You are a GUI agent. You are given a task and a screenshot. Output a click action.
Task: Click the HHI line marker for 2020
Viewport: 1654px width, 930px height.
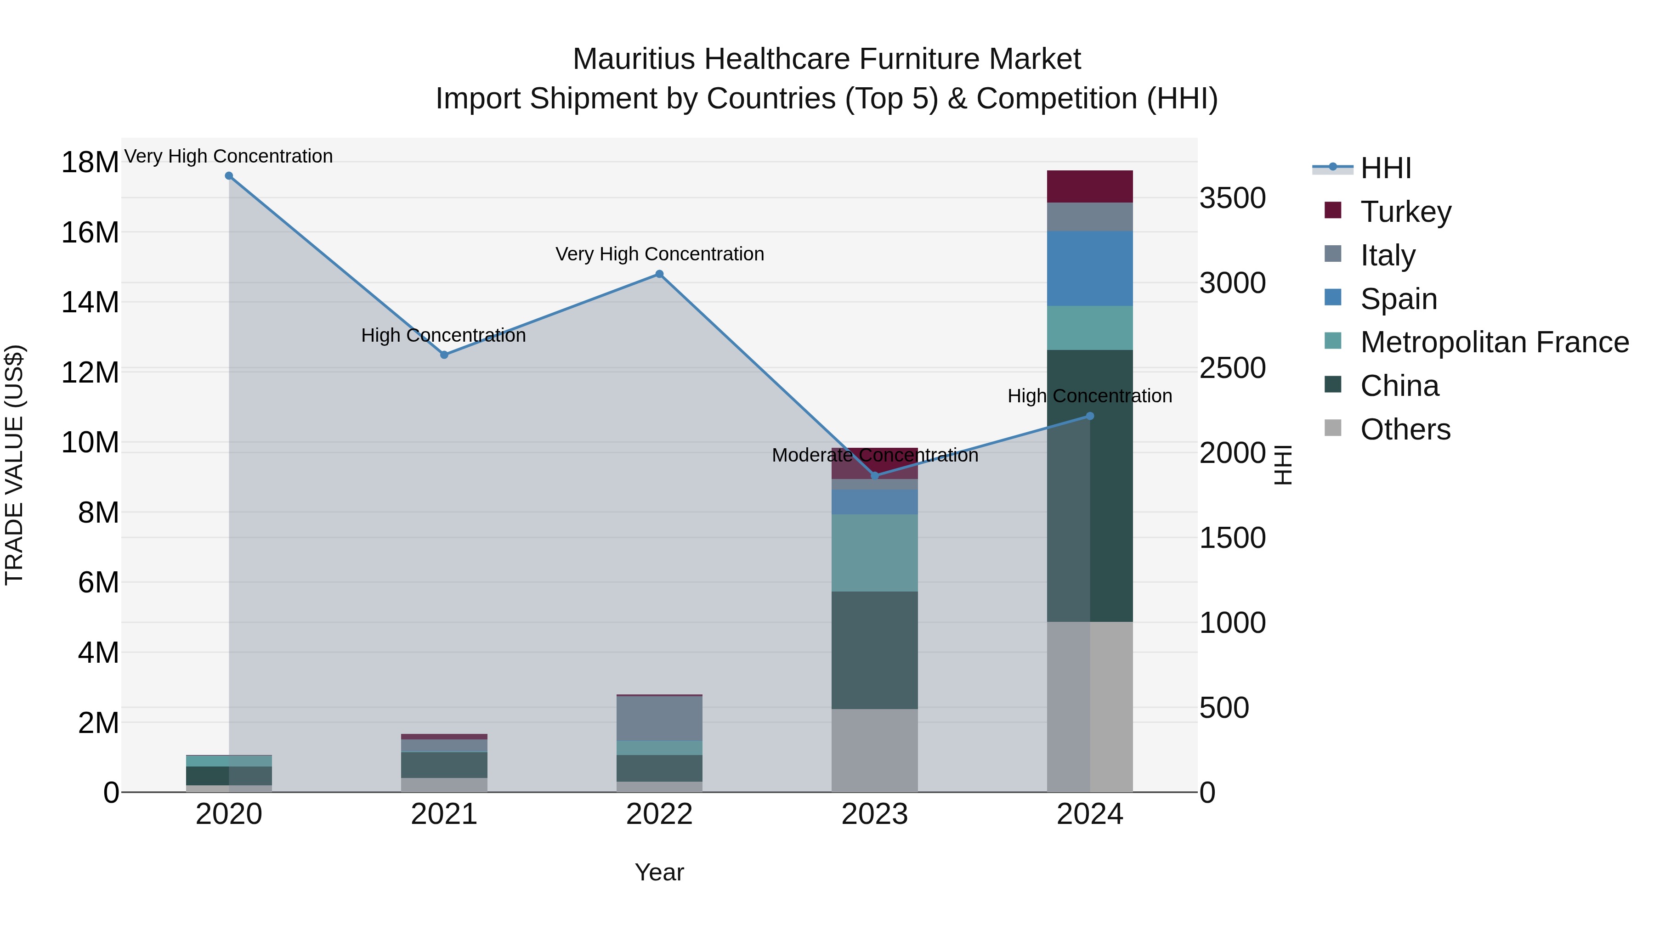point(229,176)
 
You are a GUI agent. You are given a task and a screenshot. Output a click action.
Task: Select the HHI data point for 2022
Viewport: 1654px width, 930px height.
point(659,274)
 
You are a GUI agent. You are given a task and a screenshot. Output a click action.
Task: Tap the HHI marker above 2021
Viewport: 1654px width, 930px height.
point(444,355)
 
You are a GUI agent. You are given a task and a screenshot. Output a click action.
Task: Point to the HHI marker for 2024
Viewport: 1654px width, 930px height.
point(1090,416)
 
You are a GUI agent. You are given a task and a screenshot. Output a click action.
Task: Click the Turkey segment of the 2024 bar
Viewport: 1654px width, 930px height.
point(1090,187)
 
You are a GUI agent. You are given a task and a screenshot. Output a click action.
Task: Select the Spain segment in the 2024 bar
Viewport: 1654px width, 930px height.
point(1090,268)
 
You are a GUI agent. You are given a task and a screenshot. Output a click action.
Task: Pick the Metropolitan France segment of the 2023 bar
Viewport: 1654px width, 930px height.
point(874,552)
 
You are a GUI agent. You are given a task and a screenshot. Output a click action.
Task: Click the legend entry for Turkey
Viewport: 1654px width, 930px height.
point(1405,212)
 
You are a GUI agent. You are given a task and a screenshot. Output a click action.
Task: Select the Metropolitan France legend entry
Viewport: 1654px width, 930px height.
point(1494,342)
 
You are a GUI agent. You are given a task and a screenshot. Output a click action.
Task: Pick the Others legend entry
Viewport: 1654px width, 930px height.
point(1405,429)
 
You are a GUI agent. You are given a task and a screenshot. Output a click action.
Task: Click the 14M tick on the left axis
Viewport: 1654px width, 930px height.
point(90,302)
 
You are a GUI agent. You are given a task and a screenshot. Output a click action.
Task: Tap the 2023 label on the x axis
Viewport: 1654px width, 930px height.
point(874,814)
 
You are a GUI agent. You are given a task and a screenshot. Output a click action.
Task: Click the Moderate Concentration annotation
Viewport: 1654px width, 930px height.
point(874,455)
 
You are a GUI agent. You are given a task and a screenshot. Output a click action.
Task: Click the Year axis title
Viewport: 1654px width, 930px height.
point(659,872)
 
